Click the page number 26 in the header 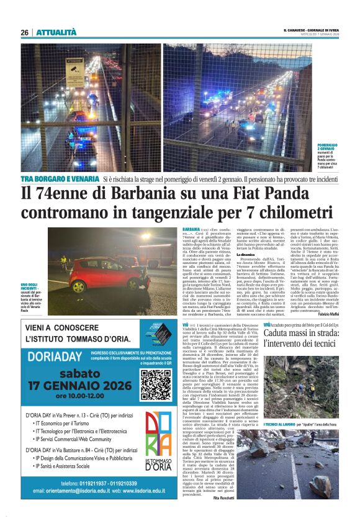tap(24, 32)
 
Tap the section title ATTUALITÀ tap(56, 32)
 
